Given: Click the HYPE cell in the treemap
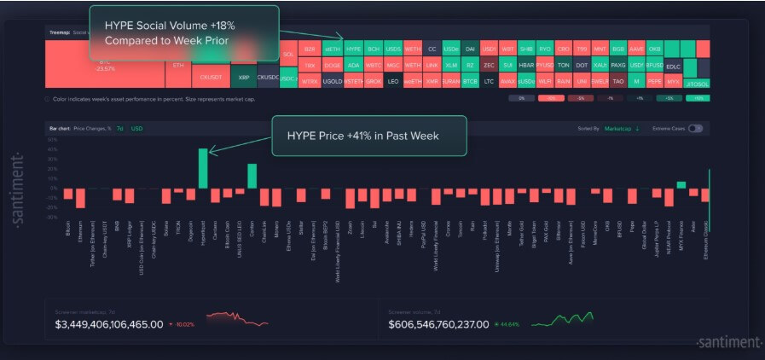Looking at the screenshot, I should (x=353, y=49).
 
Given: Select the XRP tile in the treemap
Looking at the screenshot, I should (x=244, y=77).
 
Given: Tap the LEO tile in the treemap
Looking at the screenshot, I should (x=392, y=81).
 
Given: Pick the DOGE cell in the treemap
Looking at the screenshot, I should (x=332, y=65).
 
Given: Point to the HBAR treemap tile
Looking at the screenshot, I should (x=526, y=65).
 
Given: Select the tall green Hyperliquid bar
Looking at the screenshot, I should (x=203, y=168).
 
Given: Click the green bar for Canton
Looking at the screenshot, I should (x=252, y=176).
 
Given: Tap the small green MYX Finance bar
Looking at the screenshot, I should (x=681, y=184).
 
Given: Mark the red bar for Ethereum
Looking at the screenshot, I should (x=80, y=197).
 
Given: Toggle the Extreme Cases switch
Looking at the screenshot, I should (x=695, y=128).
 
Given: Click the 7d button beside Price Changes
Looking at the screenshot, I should (x=120, y=128).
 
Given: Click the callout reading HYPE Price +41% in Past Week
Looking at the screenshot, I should (x=368, y=136).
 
